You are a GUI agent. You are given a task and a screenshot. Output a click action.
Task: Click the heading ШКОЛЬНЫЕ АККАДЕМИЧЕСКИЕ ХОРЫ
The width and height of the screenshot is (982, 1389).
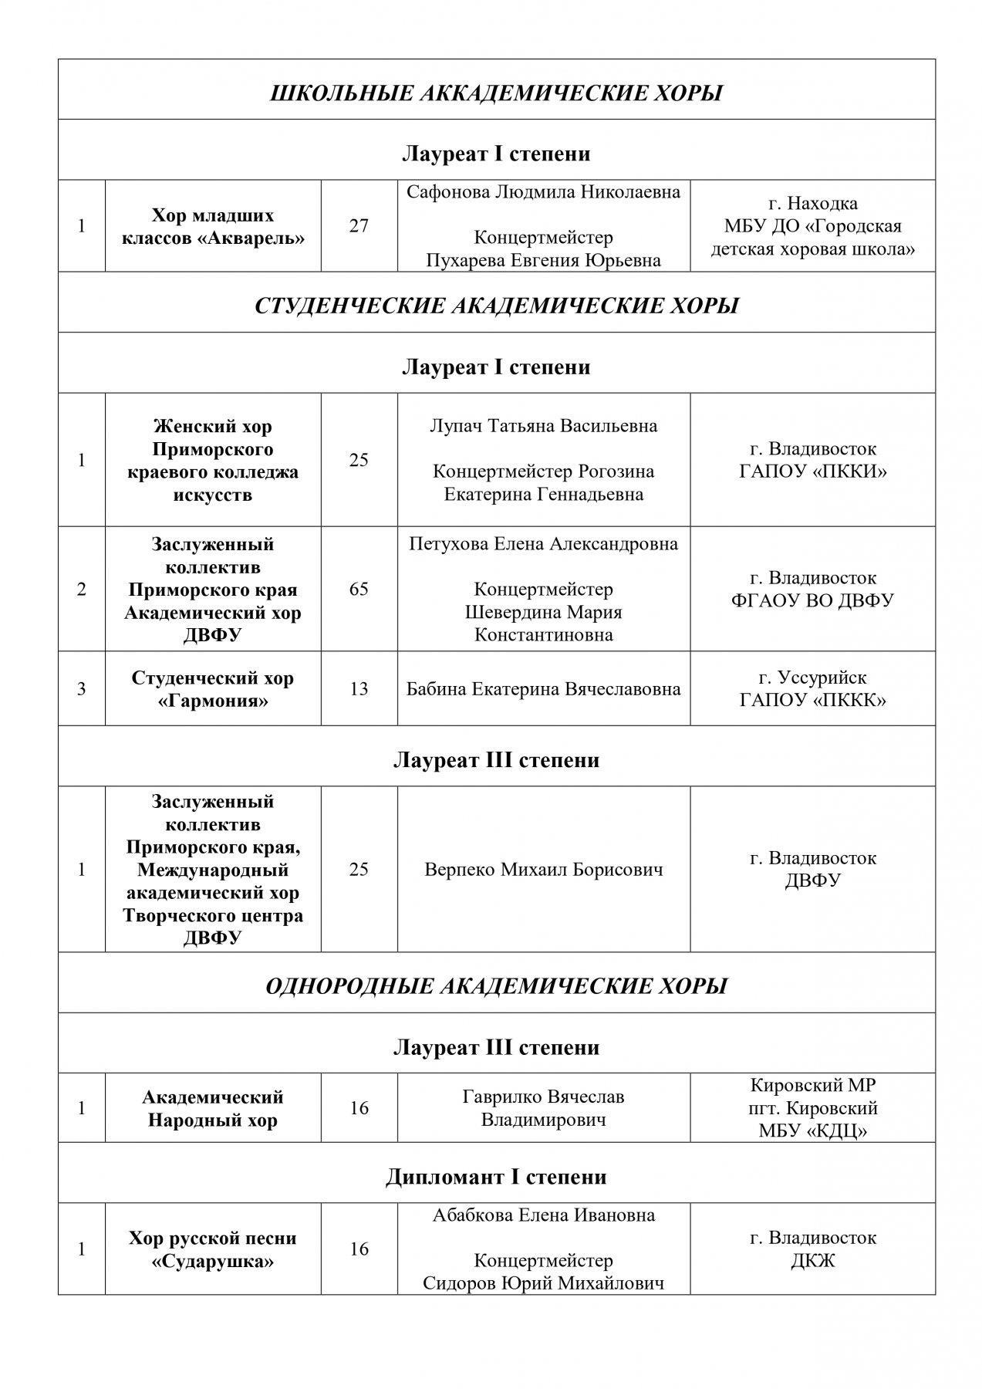tap(496, 93)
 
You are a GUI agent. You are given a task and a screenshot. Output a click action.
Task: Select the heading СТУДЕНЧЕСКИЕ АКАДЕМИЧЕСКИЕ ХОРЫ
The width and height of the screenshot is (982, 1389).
tap(496, 306)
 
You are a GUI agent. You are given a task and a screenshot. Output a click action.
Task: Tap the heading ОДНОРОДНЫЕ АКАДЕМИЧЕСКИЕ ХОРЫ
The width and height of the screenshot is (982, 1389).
tap(496, 986)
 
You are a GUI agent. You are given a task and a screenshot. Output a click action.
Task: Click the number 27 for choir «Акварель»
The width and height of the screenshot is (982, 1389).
tap(359, 226)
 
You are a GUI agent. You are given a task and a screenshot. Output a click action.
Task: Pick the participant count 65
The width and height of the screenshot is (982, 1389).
tap(359, 590)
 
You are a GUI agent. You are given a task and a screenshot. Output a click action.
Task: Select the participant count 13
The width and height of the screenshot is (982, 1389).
tap(359, 689)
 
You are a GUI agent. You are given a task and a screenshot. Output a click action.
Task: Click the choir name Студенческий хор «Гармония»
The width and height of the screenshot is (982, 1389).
tap(213, 689)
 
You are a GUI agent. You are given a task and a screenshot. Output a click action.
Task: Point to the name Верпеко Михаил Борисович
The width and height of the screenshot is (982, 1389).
tap(544, 870)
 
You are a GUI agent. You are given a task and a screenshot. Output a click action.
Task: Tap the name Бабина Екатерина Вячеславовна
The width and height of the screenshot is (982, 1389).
tap(544, 689)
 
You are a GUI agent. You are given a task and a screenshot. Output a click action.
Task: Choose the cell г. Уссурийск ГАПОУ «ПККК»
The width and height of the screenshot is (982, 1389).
tap(812, 689)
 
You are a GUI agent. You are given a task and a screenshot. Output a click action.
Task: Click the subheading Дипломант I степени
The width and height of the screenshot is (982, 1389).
tap(496, 1177)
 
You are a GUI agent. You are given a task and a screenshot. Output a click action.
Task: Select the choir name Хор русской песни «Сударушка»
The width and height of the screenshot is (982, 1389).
tap(213, 1249)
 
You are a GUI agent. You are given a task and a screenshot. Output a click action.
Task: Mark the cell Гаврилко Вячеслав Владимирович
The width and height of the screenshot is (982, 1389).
tap(544, 1108)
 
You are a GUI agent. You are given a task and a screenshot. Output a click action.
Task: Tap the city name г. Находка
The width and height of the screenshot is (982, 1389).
tap(812, 204)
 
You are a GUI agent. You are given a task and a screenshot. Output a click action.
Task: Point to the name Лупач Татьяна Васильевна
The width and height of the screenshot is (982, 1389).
tap(544, 426)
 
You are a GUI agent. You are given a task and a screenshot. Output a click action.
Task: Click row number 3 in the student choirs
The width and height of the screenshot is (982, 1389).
tap(82, 689)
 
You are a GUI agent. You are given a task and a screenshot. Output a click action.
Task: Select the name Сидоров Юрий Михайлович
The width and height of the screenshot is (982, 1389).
tap(544, 1283)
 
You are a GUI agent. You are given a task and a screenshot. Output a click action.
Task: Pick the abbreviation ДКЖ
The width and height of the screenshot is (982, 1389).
tap(812, 1261)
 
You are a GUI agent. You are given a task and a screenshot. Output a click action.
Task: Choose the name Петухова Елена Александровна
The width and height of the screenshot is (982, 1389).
tap(544, 544)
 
